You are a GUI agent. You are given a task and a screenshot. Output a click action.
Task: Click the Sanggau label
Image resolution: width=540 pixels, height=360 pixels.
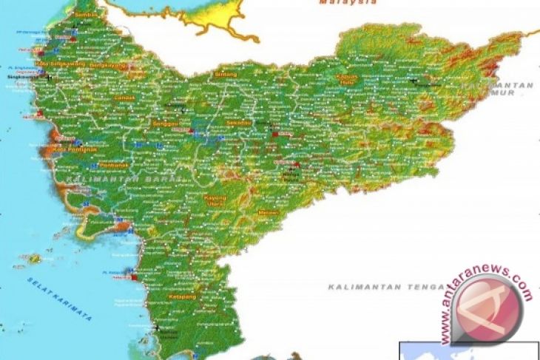click(x=163, y=123)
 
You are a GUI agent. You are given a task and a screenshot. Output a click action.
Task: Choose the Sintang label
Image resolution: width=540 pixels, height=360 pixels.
click(x=225, y=75)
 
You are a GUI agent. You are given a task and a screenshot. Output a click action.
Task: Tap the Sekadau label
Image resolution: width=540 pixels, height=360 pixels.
click(x=240, y=122)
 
